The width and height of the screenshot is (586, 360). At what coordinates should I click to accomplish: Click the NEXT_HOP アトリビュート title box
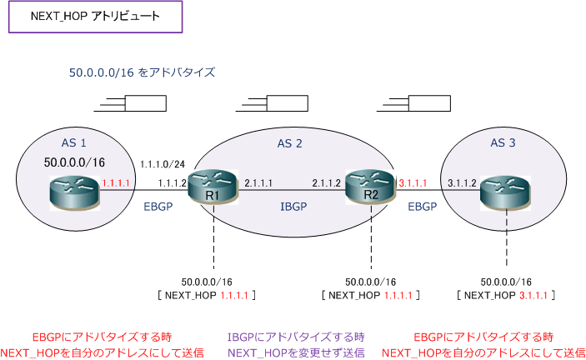tap(95, 17)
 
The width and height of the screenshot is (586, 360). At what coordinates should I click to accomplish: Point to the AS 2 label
tap(289, 144)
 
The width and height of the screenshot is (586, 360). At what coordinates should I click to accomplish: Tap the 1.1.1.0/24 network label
tap(164, 163)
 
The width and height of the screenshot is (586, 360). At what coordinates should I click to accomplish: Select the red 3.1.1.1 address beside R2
tap(413, 181)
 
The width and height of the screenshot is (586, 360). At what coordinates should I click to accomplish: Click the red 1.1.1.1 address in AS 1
tap(113, 181)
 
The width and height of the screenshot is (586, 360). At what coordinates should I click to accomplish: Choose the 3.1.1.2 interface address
tap(461, 181)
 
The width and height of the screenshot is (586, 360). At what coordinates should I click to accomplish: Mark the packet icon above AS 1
tap(134, 104)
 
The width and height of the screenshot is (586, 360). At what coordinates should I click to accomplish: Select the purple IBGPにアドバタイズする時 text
tap(295, 337)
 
